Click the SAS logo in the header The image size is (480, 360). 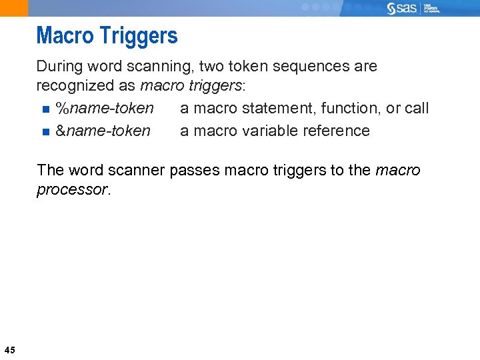pyautogui.click(x=402, y=8)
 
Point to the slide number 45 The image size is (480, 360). pyautogui.click(x=9, y=349)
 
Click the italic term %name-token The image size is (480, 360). pyautogui.click(x=105, y=108)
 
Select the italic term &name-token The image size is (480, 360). pyautogui.click(x=103, y=131)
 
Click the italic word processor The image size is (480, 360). pyautogui.click(x=71, y=190)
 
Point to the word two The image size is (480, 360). pyautogui.click(x=202, y=67)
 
